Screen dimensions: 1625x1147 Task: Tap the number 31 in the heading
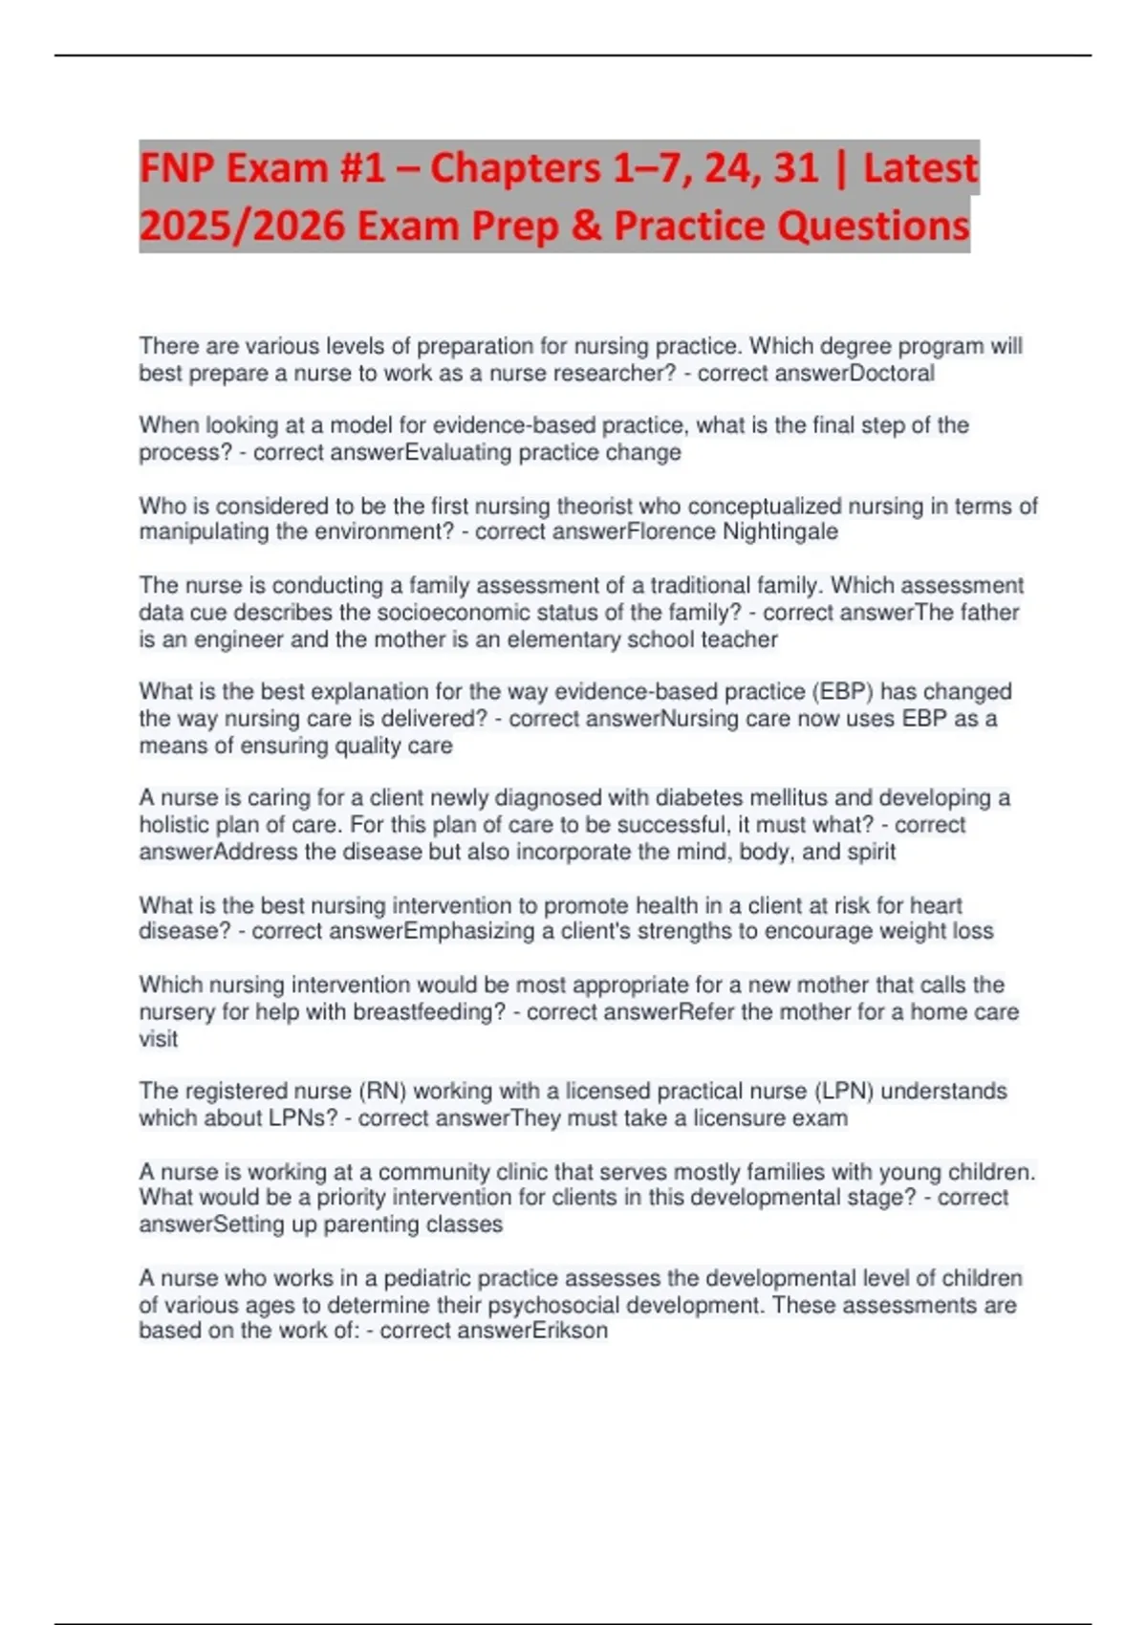795,168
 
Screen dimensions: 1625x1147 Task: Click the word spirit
871,851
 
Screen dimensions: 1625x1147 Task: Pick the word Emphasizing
469,930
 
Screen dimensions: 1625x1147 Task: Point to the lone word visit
158,1038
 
